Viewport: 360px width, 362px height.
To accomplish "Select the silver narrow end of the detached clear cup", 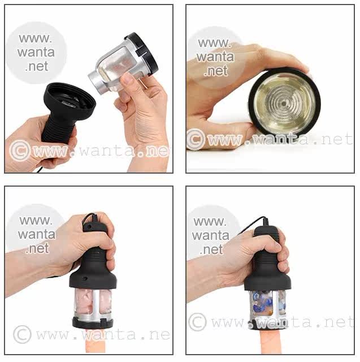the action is (x=94, y=83).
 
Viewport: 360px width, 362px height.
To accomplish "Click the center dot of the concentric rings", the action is (x=284, y=104).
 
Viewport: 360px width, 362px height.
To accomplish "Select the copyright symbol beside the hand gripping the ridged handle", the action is (x=20, y=150).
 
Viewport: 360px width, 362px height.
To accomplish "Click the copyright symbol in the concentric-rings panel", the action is (x=196, y=140).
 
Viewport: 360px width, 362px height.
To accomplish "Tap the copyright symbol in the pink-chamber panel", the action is (x=22, y=334).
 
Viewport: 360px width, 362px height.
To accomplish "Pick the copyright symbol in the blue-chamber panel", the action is (x=197, y=322).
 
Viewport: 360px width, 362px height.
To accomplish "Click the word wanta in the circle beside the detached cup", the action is (x=36, y=53).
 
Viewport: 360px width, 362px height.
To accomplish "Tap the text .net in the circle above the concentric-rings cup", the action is (x=216, y=71).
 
